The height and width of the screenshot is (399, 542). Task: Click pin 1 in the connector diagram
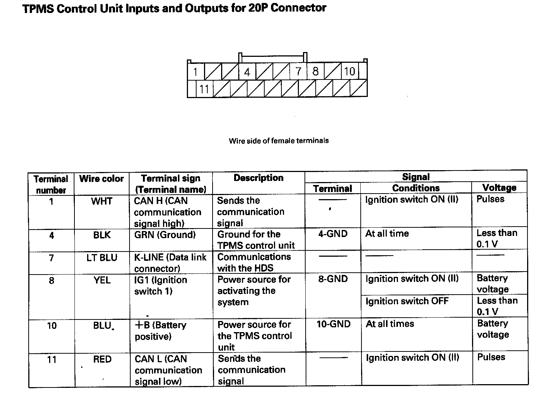tap(195, 71)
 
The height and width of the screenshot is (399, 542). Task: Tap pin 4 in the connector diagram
tap(247, 71)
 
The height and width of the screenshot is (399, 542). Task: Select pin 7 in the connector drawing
tap(298, 71)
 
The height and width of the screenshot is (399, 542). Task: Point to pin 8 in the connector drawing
tap(315, 71)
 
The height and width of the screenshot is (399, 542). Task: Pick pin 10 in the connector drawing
tap(350, 71)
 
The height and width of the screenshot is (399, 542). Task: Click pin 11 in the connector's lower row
tap(204, 89)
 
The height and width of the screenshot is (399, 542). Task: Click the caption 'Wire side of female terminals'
tap(279, 141)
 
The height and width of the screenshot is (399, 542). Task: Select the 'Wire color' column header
tap(102, 179)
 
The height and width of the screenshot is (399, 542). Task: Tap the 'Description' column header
tap(258, 178)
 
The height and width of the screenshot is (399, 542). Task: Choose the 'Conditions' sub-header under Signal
tap(416, 188)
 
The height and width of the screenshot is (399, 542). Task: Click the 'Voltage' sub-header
tap(499, 188)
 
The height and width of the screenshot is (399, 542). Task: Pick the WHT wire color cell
tap(102, 201)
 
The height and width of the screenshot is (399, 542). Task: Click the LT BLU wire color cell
tap(102, 258)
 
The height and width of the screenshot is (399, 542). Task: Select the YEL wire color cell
tap(102, 280)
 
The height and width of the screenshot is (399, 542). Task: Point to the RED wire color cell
tap(102, 359)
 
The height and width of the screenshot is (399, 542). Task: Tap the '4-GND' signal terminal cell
tap(333, 234)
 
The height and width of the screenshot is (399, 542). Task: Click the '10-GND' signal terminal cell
tap(334, 324)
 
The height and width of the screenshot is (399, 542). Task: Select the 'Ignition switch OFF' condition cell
tap(407, 301)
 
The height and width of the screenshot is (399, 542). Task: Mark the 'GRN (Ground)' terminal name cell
tap(165, 235)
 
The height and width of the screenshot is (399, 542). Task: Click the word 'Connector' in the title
tap(299, 8)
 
